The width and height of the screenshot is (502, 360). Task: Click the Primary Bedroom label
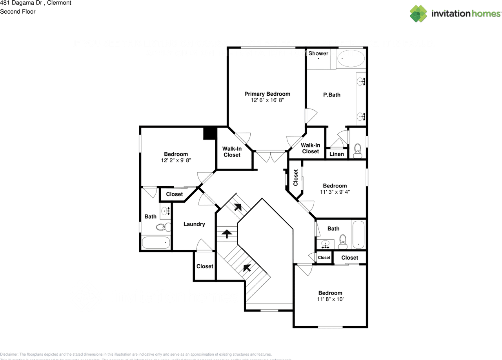coord(267,94)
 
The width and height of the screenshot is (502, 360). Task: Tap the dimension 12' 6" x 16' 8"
coord(267,100)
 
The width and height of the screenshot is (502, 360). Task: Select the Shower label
coord(318,53)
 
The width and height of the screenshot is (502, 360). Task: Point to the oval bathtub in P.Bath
coord(351,58)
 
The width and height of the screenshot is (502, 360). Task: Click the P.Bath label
coord(332,95)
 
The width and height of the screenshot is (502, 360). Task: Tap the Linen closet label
coord(336,154)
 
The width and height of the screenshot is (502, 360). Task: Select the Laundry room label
coord(194,224)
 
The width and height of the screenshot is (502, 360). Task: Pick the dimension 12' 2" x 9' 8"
coord(176,160)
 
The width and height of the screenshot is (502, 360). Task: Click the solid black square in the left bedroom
coord(210,133)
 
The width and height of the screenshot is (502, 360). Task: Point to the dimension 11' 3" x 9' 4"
coord(335,192)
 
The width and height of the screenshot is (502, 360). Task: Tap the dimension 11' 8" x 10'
coord(330,299)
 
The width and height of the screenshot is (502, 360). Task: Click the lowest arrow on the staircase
coord(247,268)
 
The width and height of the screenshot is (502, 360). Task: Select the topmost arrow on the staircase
coord(238,207)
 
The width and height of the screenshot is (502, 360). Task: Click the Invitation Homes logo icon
coord(418,14)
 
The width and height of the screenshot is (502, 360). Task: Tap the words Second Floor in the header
coord(18,12)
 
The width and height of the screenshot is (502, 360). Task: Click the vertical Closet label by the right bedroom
coord(296,178)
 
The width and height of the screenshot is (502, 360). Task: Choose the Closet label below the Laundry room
coord(205,266)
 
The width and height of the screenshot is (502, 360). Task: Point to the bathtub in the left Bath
coord(156,242)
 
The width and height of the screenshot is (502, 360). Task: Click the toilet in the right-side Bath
coord(343,242)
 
